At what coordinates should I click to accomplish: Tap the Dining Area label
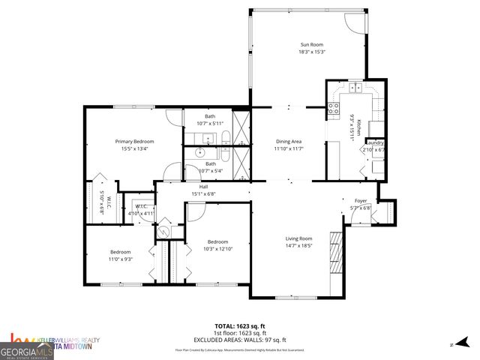coord(288,141)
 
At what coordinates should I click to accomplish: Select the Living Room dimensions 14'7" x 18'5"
coord(298,245)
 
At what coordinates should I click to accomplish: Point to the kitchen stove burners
coord(333,110)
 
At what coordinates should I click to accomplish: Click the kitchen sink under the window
coord(354,89)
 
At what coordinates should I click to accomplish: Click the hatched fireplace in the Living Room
coord(336,256)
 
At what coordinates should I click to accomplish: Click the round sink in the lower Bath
coord(200,151)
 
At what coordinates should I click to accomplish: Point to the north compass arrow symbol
coord(465,344)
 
